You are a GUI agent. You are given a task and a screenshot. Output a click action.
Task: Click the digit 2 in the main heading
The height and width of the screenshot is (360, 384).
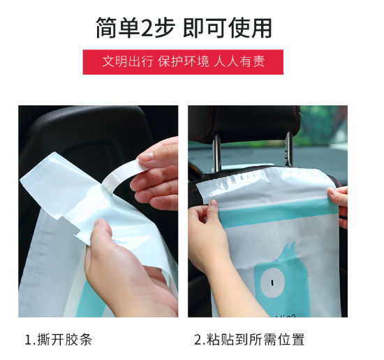tap(147, 28)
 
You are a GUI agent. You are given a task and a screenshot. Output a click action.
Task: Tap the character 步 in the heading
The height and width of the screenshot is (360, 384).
tap(165, 27)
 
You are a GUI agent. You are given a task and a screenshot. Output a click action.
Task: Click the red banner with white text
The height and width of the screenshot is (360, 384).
tap(183, 62)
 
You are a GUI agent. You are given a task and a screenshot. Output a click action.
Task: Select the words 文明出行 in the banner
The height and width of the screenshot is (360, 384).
tap(127, 61)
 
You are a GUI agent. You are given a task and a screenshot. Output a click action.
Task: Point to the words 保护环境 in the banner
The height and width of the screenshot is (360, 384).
tap(183, 61)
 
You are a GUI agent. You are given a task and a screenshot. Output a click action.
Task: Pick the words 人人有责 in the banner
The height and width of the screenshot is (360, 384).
tap(239, 61)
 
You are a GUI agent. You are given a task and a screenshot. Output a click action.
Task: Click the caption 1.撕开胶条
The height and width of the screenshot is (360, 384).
tap(59, 340)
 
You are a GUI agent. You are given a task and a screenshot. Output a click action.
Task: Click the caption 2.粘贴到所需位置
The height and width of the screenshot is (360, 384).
tap(249, 340)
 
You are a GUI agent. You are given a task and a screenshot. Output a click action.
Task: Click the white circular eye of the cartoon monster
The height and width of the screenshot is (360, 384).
tap(272, 283)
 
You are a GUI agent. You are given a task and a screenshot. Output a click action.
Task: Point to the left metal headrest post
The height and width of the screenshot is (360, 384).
tap(216, 154)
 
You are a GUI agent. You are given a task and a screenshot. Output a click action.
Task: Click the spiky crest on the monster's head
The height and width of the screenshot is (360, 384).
tap(289, 251)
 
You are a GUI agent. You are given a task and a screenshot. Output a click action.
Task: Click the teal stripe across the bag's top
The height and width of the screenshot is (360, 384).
tap(274, 213)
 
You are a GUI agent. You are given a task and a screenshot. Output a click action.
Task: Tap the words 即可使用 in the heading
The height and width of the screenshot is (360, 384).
tap(228, 28)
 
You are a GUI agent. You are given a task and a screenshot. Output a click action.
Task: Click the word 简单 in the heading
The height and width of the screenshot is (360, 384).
tap(118, 28)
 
